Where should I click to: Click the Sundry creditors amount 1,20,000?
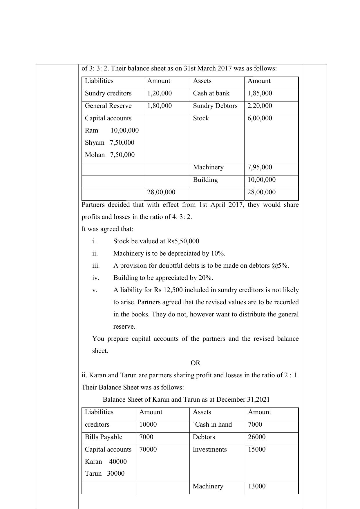[x=159, y=93]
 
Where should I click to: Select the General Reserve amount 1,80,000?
[x=159, y=106]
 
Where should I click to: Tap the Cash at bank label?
[x=211, y=93]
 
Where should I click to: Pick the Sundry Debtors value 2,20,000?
[x=260, y=106]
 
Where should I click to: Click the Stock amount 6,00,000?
[x=260, y=118]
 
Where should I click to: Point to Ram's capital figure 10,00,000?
[x=124, y=131]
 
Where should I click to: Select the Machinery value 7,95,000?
[x=260, y=167]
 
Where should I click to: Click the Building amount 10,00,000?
[x=261, y=180]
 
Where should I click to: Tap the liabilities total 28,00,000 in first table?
[x=161, y=192]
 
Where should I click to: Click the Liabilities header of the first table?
[x=99, y=81]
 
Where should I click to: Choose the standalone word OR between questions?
[x=195, y=363]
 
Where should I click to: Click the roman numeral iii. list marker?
[x=96, y=266]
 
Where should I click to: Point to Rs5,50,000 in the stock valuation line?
[x=183, y=241]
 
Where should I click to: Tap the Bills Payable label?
[x=103, y=437]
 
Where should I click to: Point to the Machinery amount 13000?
[x=256, y=486]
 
